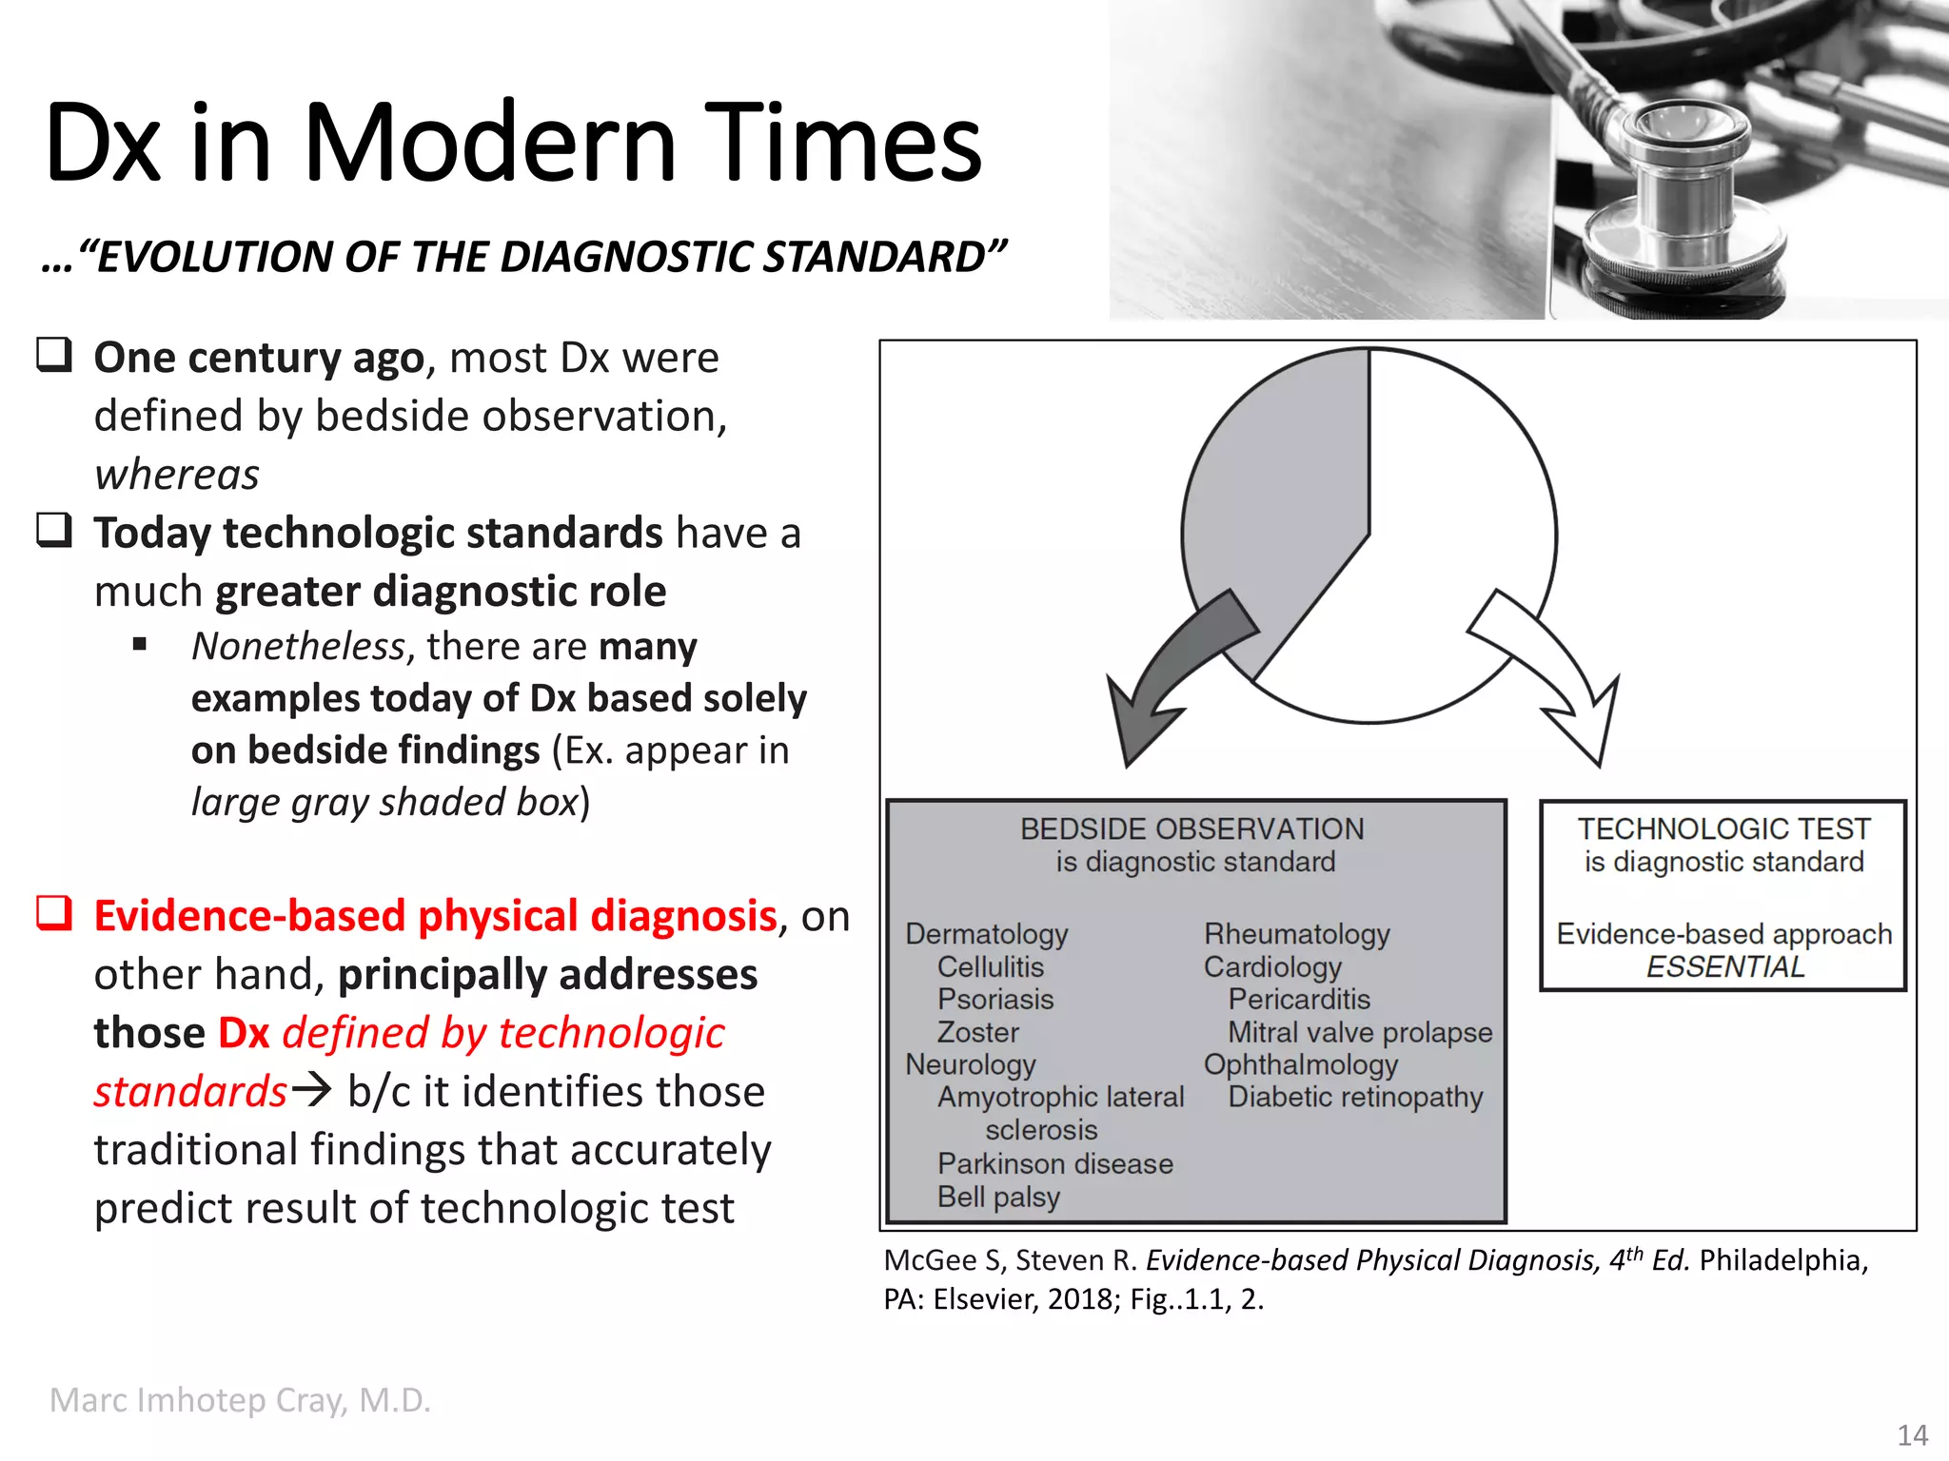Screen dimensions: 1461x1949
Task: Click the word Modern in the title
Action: [x=489, y=145]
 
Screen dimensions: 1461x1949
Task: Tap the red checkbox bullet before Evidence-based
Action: [x=54, y=912]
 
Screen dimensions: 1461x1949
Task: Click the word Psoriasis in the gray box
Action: [x=995, y=1000]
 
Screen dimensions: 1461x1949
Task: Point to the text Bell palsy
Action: [x=998, y=1197]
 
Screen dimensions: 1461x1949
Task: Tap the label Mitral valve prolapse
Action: [x=1360, y=1032]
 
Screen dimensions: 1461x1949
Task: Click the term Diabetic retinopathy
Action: [x=1355, y=1097]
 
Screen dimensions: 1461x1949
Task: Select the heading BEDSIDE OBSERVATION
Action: [x=1191, y=829]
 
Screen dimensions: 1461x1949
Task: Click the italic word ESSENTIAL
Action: [x=1724, y=967]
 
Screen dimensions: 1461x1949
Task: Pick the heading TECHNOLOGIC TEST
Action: [x=1723, y=829]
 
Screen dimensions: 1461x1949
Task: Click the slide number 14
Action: [x=1912, y=1434]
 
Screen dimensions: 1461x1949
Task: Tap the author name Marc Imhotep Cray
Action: [x=240, y=1400]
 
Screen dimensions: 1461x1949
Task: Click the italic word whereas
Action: [x=177, y=475]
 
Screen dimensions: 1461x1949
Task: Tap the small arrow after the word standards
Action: [x=311, y=1090]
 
